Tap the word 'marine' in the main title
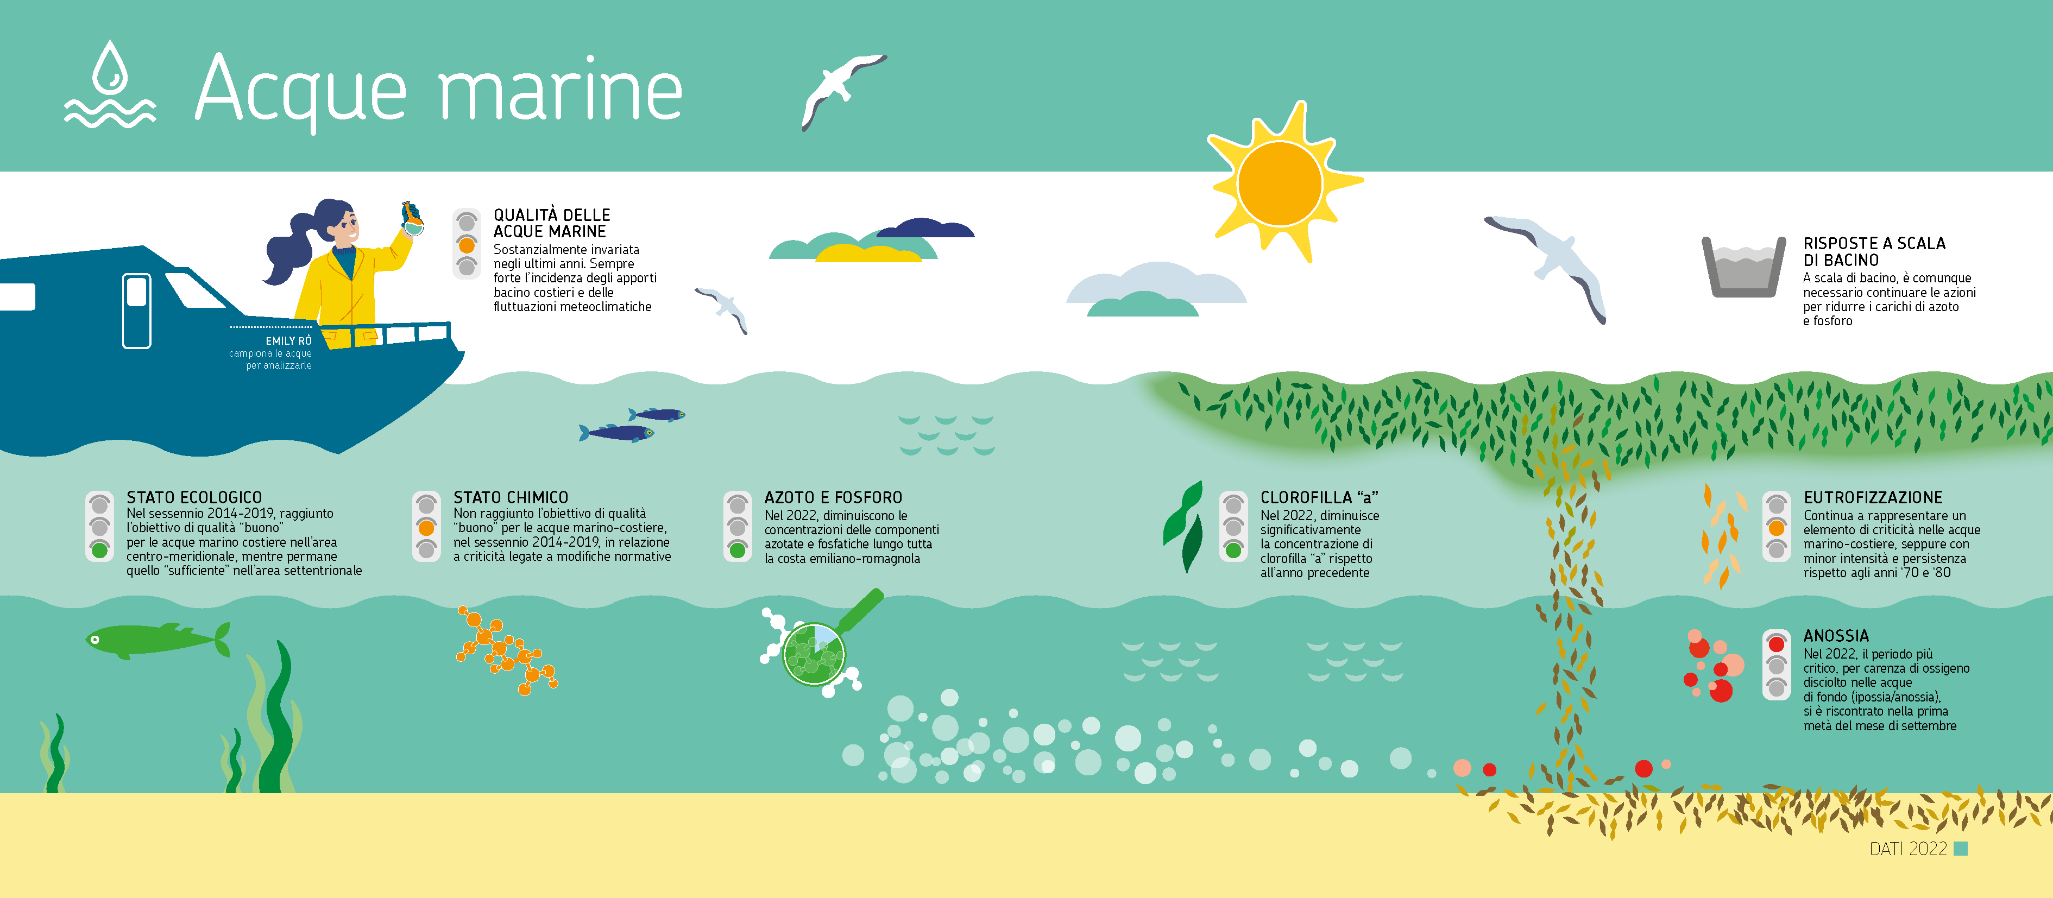click(x=561, y=89)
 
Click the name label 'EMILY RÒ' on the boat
click(x=288, y=341)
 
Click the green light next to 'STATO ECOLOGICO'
click(x=99, y=550)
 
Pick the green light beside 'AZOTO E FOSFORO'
click(x=737, y=550)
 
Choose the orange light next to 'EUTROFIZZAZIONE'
click(x=1777, y=528)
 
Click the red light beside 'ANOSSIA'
click(x=1777, y=644)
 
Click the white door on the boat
click(x=136, y=311)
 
